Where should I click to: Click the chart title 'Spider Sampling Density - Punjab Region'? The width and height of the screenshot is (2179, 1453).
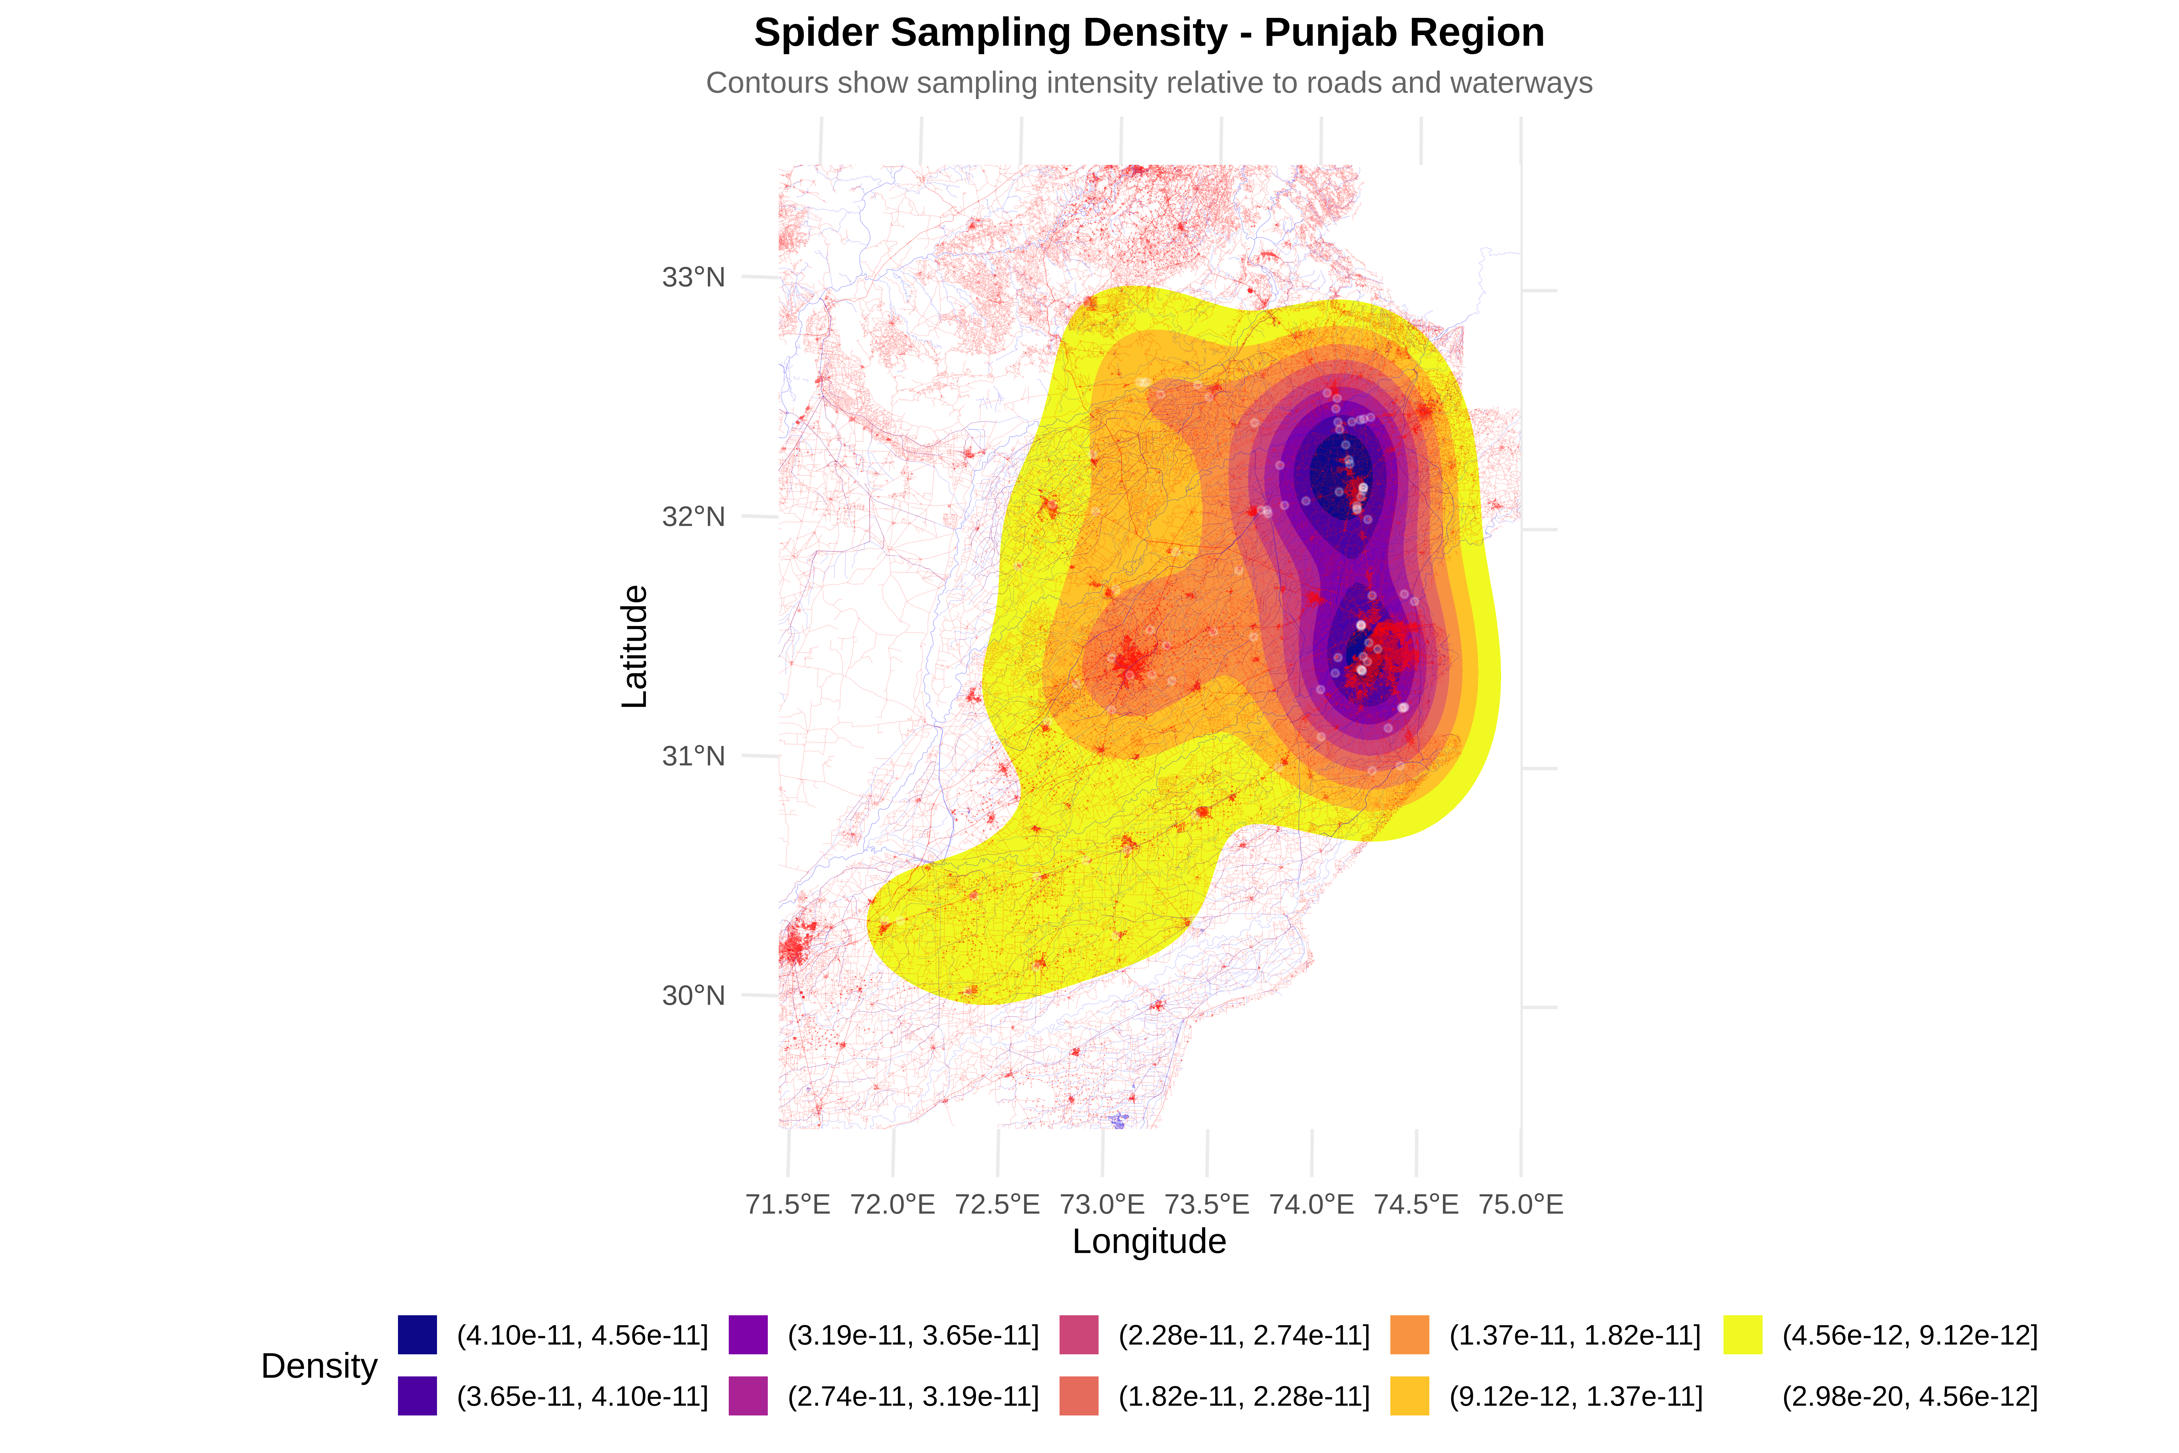pos(1149,33)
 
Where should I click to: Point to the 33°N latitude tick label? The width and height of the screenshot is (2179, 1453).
pos(693,277)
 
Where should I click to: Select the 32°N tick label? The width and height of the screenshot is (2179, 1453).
pos(693,516)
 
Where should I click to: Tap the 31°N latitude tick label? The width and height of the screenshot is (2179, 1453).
pos(693,756)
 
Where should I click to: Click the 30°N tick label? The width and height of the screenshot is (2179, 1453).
pos(693,995)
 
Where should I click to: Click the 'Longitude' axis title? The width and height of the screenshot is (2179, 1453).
pos(1149,1242)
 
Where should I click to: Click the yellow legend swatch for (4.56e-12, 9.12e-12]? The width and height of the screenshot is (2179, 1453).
pos(1743,1334)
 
